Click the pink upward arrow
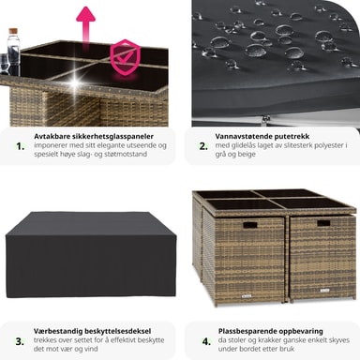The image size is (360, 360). [85, 26]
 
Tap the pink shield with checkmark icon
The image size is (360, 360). [126, 57]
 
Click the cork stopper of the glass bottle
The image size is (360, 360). [13, 32]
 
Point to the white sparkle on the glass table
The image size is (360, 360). [75, 82]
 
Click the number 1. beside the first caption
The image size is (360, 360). [21, 146]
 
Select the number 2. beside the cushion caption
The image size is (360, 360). [203, 146]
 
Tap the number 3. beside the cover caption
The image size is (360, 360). [20, 341]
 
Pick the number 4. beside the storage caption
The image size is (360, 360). [206, 341]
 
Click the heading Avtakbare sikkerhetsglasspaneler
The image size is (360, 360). [94, 137]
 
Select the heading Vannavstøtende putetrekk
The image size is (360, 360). [262, 137]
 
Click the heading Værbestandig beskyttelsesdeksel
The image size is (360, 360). [92, 331]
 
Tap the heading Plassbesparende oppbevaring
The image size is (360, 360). [271, 331]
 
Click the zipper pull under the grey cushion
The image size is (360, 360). [266, 118]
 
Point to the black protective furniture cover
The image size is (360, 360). [91, 255]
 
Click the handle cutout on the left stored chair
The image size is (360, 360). [250, 225]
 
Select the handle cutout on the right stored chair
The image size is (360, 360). [323, 223]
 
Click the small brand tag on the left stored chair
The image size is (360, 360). [247, 295]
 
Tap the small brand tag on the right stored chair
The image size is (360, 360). [324, 291]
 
